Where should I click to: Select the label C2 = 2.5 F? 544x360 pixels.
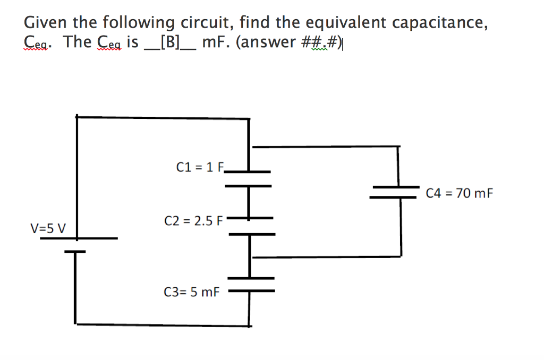pyautogui.click(x=195, y=220)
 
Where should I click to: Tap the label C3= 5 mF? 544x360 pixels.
pyautogui.click(x=191, y=292)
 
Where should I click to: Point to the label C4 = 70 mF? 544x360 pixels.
pyautogui.click(x=460, y=193)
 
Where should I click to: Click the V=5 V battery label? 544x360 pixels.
pyautogui.click(x=48, y=229)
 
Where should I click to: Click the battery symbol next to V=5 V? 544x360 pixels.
pyautogui.click(x=77, y=244)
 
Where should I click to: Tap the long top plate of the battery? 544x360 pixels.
pyautogui.click(x=79, y=238)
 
